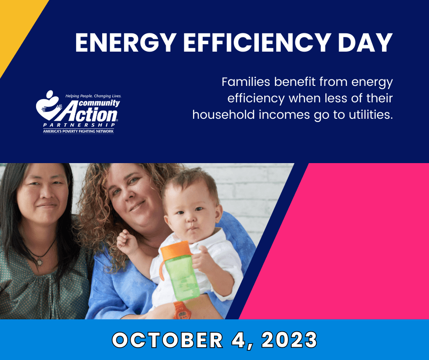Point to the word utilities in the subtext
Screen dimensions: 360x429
click(x=365, y=114)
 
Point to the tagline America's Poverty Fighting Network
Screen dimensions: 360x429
click(x=78, y=131)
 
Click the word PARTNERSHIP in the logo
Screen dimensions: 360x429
click(x=78, y=125)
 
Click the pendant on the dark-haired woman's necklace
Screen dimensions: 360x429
click(x=40, y=262)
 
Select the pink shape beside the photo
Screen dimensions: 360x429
click(x=347, y=242)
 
